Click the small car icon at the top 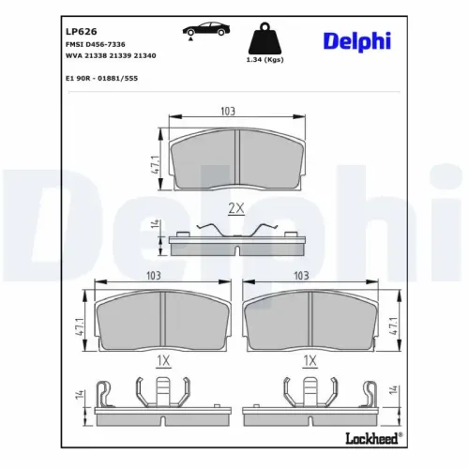[201, 30]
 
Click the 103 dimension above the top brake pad [227, 112]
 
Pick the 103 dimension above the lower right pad [301, 276]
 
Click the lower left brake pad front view [164, 319]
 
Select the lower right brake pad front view [312, 319]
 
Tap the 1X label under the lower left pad [162, 359]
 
